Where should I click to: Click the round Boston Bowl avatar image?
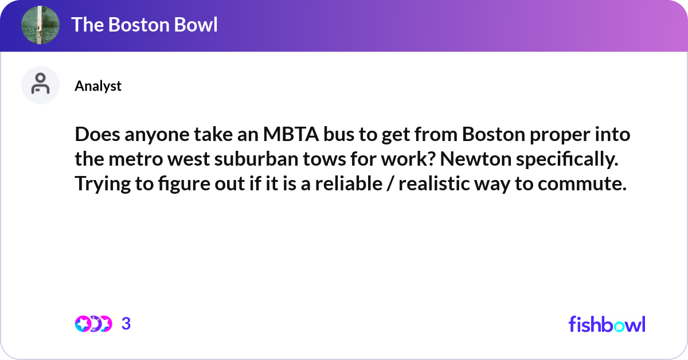pos(40,25)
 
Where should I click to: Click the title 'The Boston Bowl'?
pos(144,25)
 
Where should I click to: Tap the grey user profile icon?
pos(40,85)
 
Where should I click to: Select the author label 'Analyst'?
pos(98,86)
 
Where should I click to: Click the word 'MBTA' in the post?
pos(287,135)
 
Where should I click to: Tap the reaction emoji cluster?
pos(93,324)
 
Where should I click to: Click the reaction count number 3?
pos(126,324)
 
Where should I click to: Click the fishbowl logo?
pos(607,324)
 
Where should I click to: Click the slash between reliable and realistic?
pos(388,185)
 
